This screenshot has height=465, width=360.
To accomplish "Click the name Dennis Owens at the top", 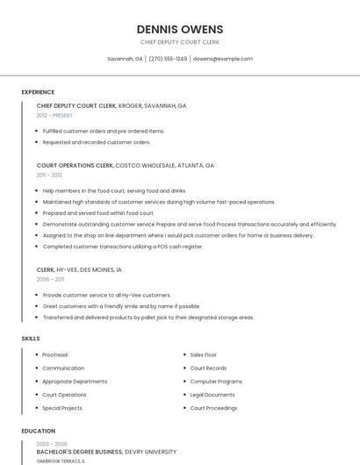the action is [180, 29].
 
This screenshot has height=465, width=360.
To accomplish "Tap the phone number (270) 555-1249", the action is [168, 59].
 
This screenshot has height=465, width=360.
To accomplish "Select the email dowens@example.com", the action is [223, 59].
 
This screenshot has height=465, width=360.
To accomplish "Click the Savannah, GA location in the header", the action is [125, 59].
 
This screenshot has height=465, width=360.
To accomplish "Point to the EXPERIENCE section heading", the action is [38, 92].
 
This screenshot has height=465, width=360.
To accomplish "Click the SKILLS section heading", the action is [31, 338].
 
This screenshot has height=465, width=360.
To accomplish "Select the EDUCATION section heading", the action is [39, 431].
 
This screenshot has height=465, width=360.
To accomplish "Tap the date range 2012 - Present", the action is [54, 115].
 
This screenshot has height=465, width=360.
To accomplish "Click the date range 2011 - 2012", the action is [49, 175].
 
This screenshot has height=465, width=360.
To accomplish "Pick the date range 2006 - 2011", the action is [50, 279].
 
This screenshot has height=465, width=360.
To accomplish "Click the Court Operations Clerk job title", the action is [76, 165].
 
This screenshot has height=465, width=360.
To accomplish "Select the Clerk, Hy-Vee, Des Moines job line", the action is [79, 269].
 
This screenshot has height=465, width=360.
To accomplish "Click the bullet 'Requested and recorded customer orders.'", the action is [97, 141].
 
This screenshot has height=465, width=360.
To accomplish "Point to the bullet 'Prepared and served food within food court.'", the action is [98, 212].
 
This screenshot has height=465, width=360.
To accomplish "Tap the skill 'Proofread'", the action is [54, 354].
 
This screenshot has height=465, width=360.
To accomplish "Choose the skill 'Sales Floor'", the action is [203, 354].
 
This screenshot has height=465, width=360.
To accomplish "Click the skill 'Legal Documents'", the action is [212, 395].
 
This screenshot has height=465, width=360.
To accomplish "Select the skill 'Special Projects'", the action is [62, 408].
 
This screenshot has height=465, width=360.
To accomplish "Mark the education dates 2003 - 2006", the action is [51, 444].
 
